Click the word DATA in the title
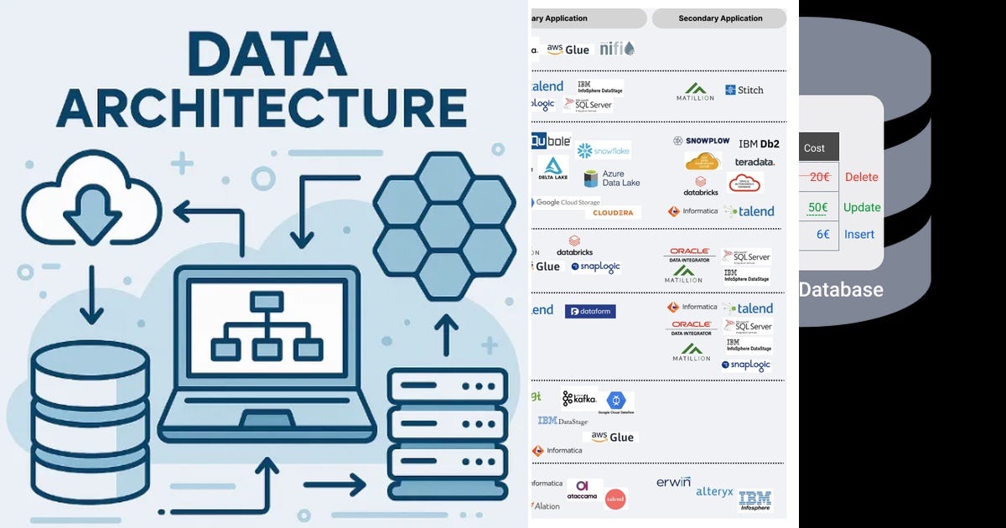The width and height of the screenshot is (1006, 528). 262,56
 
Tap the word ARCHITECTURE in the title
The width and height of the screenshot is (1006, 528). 262,109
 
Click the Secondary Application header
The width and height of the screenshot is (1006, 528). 720,18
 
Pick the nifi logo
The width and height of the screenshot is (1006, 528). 616,49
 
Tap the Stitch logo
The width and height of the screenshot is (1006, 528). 744,90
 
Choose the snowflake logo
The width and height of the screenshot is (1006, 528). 604,151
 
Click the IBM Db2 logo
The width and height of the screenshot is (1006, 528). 759,143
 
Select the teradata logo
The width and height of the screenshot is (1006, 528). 754,162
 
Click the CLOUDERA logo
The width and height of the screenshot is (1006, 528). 613,213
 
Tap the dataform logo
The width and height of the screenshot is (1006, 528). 590,311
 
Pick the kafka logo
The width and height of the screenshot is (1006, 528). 579,399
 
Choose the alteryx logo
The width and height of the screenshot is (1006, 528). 714,492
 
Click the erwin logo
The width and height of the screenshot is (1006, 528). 673,483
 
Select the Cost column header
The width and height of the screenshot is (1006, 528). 814,148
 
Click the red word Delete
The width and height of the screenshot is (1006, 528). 861,177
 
